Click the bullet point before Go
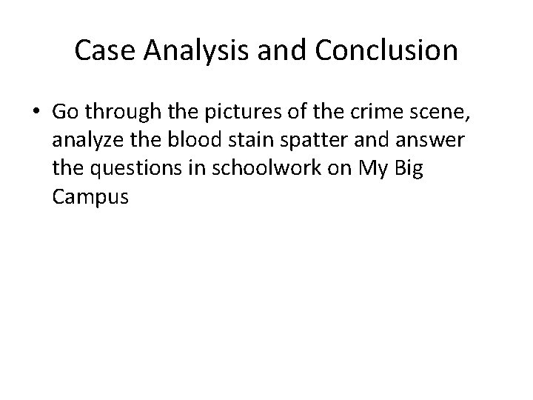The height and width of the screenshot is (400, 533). coord(37,111)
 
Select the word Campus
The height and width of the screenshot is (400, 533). coord(92,198)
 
